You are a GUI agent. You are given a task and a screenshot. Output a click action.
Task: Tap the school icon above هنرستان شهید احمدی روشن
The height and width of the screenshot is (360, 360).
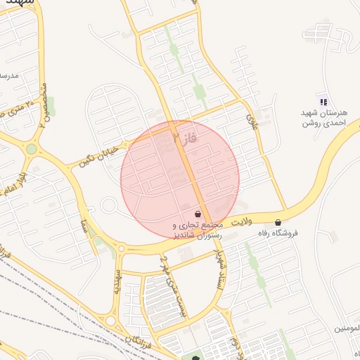(323, 102)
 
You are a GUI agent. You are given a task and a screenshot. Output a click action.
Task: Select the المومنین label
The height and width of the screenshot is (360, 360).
(345, 328)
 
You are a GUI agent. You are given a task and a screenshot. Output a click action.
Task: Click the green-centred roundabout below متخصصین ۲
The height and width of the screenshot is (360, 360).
(32, 148)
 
